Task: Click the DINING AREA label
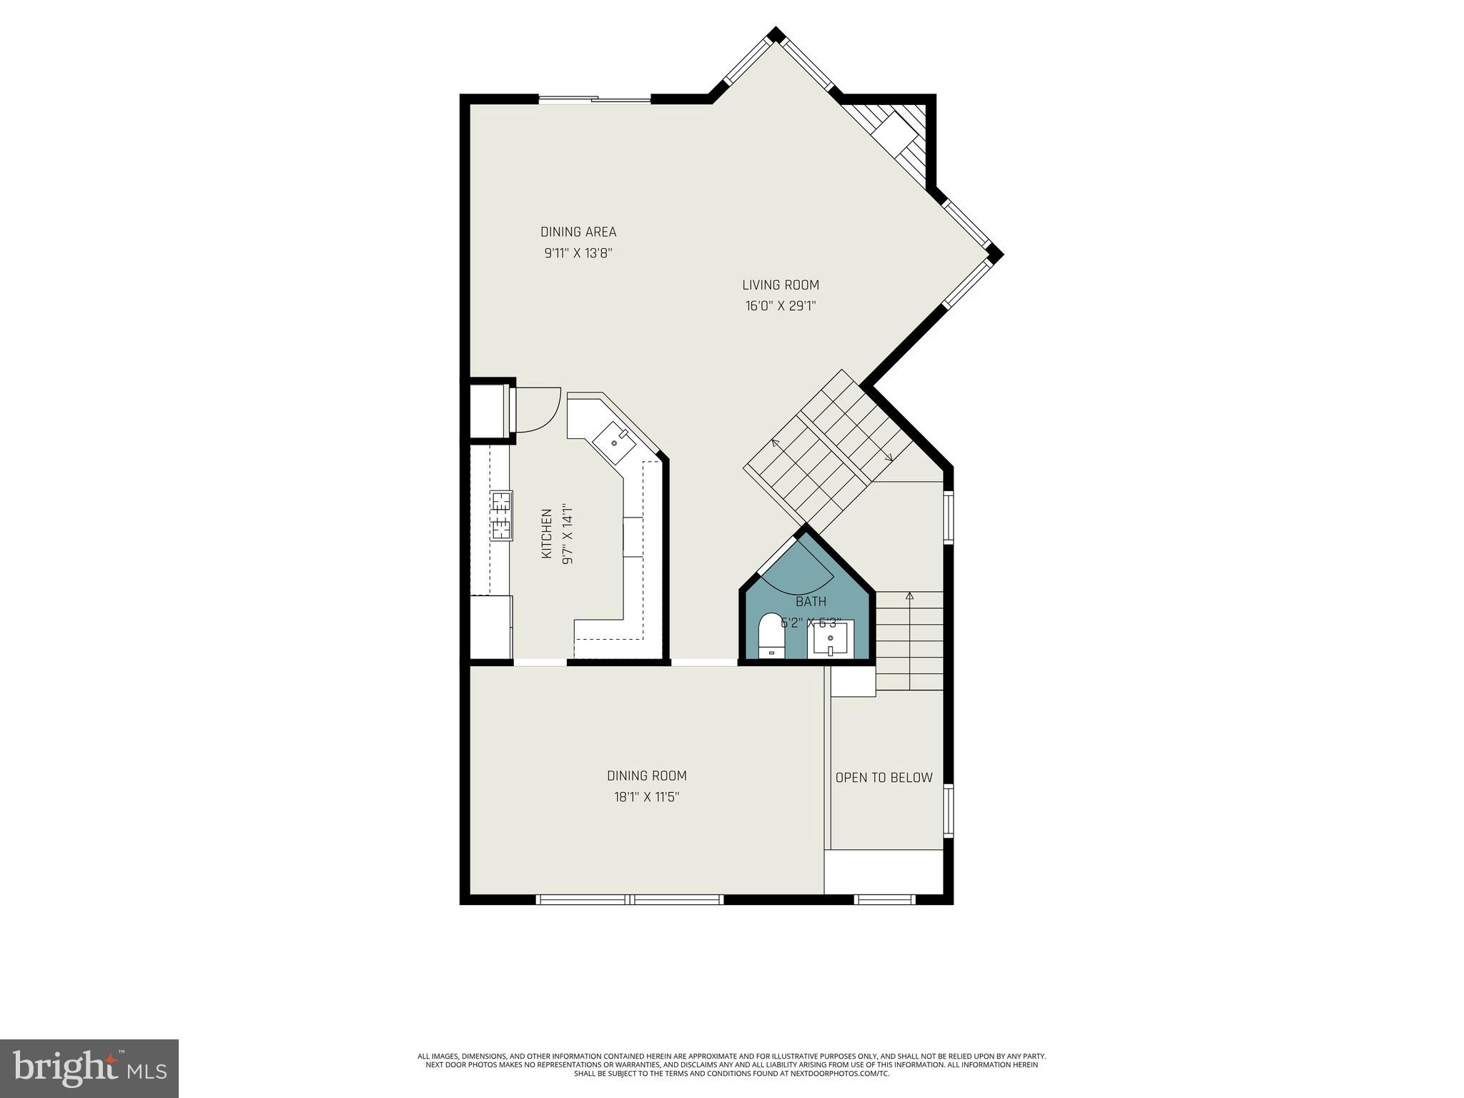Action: click(x=578, y=232)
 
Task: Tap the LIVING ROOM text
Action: click(x=780, y=285)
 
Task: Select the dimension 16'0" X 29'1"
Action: click(x=780, y=306)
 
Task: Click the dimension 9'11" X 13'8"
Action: click(x=578, y=253)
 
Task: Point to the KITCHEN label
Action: click(x=547, y=534)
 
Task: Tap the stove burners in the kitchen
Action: click(x=500, y=515)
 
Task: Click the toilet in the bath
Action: click(x=771, y=635)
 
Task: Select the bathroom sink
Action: click(x=830, y=639)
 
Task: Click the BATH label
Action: click(x=811, y=602)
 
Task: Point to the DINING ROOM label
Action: click(x=646, y=776)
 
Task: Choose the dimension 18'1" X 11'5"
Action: click(x=646, y=797)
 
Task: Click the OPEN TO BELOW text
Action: click(x=884, y=778)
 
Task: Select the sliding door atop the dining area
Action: click(x=595, y=100)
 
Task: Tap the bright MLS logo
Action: click(x=89, y=1069)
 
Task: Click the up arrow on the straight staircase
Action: click(x=909, y=595)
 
